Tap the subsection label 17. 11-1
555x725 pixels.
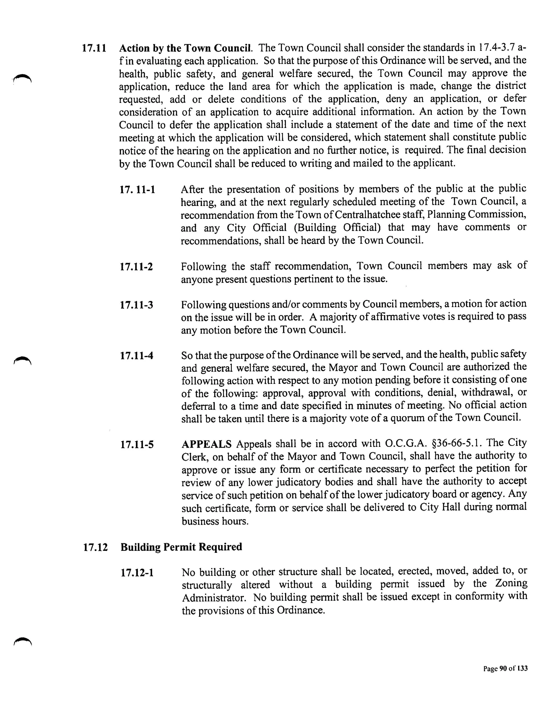click(x=137, y=190)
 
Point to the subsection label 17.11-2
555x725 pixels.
click(x=137, y=267)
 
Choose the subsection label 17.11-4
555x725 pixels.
click(x=137, y=356)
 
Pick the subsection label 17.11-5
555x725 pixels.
click(x=137, y=445)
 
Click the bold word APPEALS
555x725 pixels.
click(x=206, y=444)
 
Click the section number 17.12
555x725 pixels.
click(x=95, y=547)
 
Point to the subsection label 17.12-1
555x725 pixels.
click(x=137, y=573)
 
